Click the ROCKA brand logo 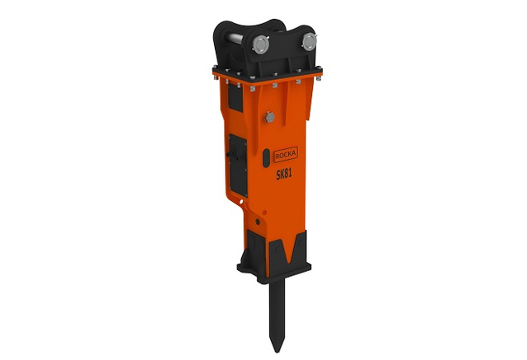286,154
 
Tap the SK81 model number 284,174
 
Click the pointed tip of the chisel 277,352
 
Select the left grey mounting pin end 261,45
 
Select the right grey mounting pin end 310,42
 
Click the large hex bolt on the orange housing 269,117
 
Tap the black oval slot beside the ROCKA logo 266,158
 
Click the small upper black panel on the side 236,97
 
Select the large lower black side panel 238,165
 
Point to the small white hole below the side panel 241,202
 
